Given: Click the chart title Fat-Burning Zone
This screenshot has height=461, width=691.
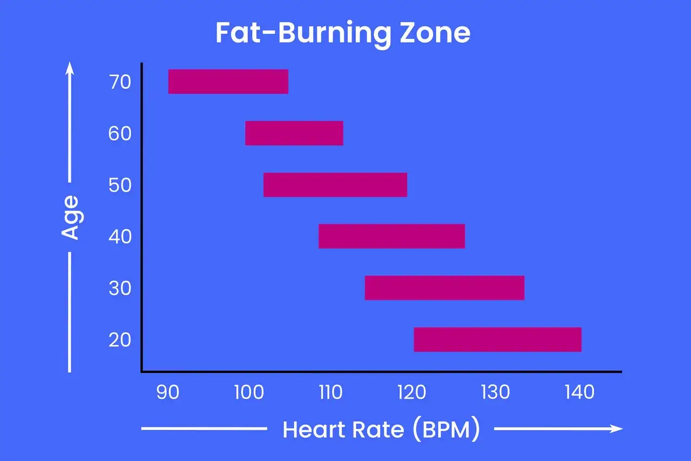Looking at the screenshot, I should (343, 34).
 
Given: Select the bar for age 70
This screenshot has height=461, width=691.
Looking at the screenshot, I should (228, 82).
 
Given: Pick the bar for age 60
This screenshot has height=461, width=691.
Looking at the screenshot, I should (294, 133).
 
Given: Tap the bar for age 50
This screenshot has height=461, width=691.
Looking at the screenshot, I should (335, 185).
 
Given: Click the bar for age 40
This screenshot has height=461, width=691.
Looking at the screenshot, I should (391, 236).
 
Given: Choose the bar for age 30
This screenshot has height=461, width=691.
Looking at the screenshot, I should (444, 288).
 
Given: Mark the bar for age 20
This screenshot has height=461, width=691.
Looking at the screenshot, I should (497, 339).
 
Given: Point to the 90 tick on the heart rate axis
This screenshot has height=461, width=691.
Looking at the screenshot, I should (168, 392).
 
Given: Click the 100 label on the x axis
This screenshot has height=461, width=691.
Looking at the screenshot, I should (249, 392).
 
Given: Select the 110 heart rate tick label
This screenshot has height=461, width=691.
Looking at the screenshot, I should (330, 392).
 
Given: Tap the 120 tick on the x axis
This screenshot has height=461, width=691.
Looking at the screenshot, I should (413, 392).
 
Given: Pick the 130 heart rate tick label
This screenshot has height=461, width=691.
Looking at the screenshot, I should (495, 392).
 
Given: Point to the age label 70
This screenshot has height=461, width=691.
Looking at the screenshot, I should (119, 82).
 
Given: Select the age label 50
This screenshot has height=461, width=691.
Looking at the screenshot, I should (119, 185).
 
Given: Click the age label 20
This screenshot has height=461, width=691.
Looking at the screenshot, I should (119, 340).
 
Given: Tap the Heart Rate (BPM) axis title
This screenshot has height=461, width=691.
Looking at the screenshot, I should (381, 430).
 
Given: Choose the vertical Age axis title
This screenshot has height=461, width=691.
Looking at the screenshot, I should (70, 217).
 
